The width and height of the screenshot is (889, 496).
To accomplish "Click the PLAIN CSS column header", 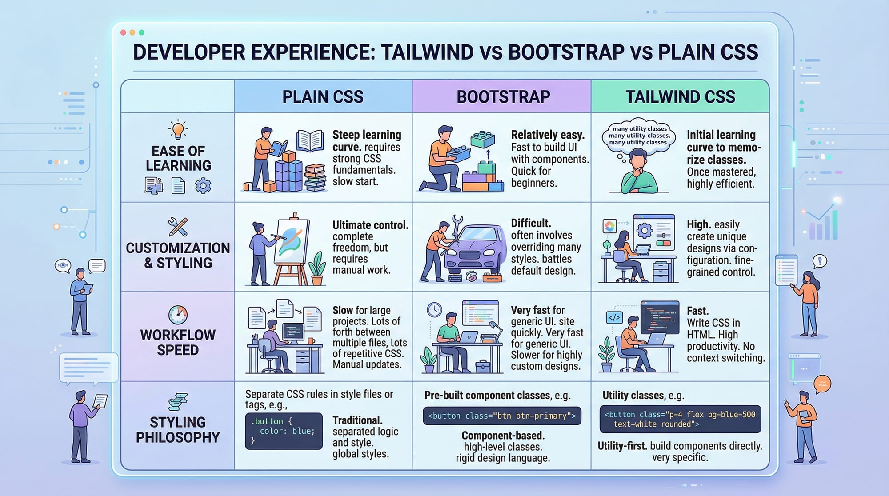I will coord(323,96).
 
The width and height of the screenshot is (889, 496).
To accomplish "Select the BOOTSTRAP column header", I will coord(503,96).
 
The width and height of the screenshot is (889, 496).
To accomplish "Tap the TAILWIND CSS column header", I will coord(680,96).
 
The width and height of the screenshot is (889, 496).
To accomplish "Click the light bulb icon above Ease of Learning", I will coord(178,130).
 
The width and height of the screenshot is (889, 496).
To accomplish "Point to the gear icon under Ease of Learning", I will coord(203,185).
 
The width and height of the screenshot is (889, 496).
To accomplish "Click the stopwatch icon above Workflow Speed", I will coord(178,315).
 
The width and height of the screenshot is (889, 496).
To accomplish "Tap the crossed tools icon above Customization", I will coord(178,227).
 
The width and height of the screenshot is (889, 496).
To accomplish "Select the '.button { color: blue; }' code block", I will coord(284,431).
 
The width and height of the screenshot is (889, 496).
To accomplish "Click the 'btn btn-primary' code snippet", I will coord(502,416).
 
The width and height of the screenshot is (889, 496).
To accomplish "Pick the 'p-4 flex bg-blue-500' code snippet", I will coord(680,419).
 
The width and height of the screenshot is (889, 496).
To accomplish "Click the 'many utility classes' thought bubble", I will coord(638,136).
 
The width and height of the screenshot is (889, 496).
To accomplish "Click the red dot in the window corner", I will coord(123,32).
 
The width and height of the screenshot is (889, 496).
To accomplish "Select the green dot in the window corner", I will coord(141,32).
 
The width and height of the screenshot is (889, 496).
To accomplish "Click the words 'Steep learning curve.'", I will coord(366,140).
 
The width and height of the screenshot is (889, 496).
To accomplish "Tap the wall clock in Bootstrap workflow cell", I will coord(434,309).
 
